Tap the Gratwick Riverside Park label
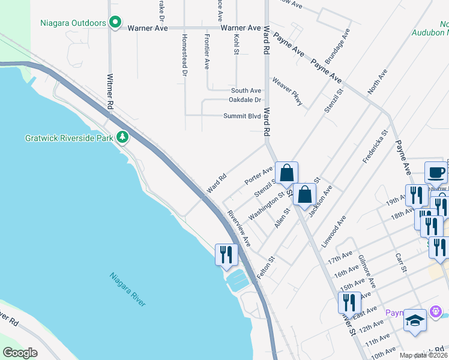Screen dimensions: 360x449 [x=69, y=138]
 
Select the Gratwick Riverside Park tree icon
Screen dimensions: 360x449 [x=122, y=138]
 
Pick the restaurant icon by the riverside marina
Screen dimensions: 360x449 [x=226, y=254]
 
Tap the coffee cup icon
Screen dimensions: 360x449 [x=436, y=172]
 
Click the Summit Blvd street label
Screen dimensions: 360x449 [x=242, y=116]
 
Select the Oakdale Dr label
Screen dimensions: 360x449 [x=245, y=100]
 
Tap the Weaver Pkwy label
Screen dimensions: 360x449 [x=288, y=91]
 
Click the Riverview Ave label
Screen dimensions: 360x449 [x=239, y=229]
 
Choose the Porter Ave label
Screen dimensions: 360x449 [x=259, y=176]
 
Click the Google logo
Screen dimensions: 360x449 [x=20, y=353]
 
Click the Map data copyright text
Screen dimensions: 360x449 [x=424, y=355]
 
